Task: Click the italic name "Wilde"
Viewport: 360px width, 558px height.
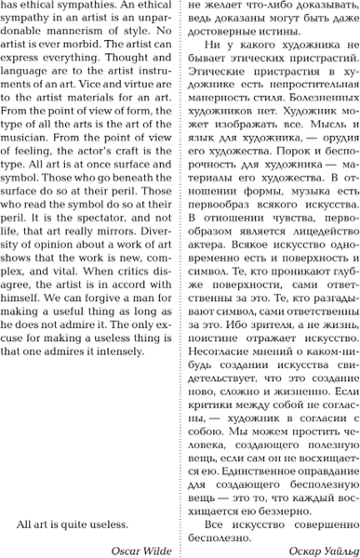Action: [153, 548]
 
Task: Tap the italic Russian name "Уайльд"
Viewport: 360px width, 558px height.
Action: [334, 548]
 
